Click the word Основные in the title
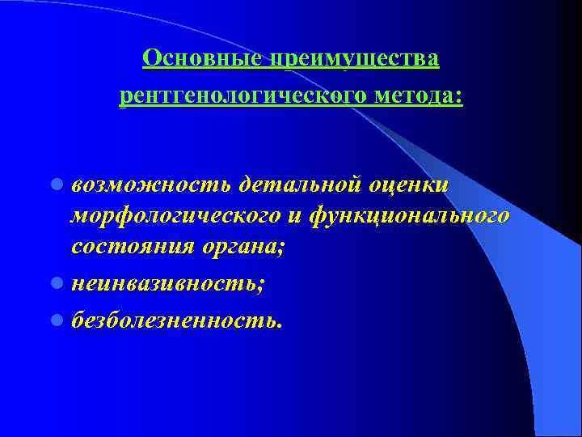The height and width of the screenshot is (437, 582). tap(202, 59)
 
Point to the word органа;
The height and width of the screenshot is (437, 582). tap(238, 248)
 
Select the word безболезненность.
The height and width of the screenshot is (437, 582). tap(175, 320)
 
